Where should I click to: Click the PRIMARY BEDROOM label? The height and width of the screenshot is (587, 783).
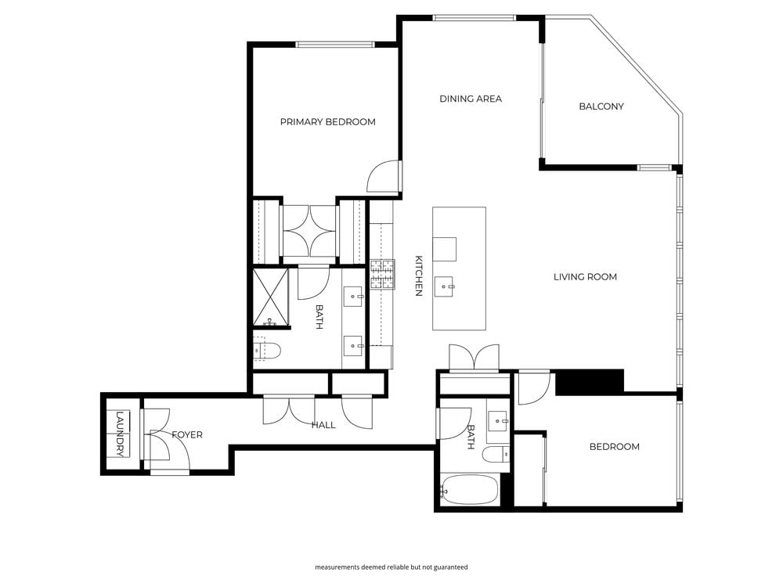point(327,122)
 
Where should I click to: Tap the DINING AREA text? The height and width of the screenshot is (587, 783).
point(471,99)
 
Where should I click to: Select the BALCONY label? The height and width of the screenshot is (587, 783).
point(601,106)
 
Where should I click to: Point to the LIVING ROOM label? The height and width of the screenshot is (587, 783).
point(585,277)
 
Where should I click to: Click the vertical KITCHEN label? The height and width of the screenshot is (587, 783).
point(418,276)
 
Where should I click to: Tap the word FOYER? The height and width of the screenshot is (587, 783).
point(187,435)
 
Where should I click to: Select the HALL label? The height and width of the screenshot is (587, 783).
point(323,425)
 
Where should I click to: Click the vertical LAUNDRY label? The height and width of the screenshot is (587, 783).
point(119,435)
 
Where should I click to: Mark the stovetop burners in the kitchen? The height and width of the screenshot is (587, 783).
point(382,273)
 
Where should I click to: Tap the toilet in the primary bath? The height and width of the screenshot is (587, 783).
point(267,352)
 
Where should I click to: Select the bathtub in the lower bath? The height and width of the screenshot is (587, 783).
point(468,490)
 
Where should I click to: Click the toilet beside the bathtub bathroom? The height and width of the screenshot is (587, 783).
point(496,456)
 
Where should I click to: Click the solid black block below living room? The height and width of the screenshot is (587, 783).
point(589,381)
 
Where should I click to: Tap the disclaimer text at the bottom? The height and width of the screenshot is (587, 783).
point(391,567)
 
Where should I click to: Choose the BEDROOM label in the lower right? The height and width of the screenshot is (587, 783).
point(614,447)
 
